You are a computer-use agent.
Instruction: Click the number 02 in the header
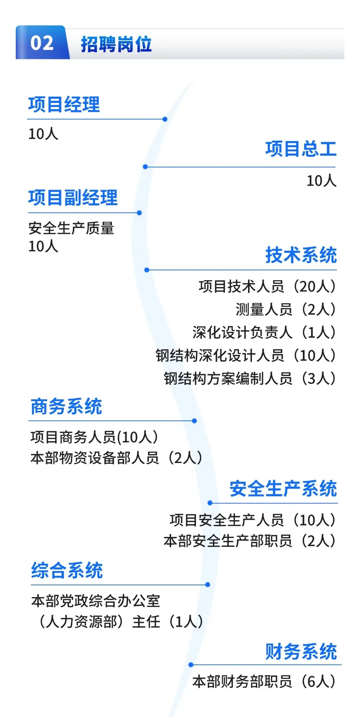point(42,43)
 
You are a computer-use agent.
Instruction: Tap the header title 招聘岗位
point(116,45)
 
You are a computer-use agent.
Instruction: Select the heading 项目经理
point(64,105)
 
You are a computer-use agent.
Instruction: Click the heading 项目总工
point(301,149)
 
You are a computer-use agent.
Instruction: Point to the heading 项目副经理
point(73,198)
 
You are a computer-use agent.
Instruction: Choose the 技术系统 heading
point(301,255)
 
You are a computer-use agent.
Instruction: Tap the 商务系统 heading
point(66,407)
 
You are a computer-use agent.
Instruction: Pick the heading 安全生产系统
point(283,489)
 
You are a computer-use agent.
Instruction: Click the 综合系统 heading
point(67,571)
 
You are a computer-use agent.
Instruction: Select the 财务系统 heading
point(301,652)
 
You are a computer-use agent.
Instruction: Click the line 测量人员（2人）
point(285,309)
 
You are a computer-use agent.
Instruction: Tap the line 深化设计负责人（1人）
point(264,332)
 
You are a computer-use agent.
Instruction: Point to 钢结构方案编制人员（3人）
point(249,378)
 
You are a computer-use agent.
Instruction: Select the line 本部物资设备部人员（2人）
point(116,458)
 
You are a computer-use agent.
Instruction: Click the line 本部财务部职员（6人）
point(264,681)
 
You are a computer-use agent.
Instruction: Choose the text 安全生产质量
point(71,228)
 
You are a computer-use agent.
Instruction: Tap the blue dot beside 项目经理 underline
point(165,119)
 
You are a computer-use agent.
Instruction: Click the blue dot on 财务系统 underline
point(191,665)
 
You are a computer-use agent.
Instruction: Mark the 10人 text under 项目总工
point(321,181)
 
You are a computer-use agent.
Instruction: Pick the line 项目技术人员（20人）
point(267,286)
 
